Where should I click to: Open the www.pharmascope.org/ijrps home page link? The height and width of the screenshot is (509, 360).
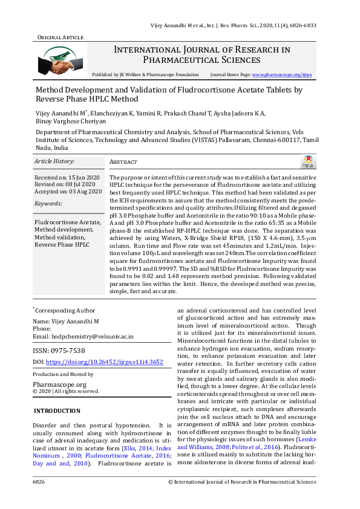click(282, 74)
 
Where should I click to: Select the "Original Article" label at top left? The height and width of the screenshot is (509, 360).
click(60, 37)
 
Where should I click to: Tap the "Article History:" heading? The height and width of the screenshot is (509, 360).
click(54, 161)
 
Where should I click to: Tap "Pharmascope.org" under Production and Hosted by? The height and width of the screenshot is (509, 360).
click(59, 384)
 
